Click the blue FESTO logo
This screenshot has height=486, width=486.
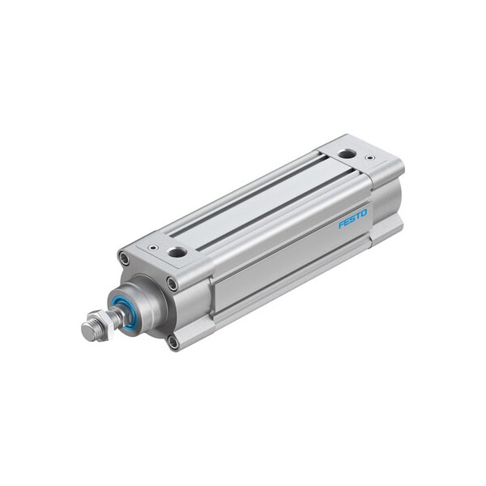coord(352,218)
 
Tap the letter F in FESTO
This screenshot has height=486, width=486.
coord(341,224)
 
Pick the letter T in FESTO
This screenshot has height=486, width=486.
coord(357,215)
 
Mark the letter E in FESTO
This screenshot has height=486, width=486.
coord(347,221)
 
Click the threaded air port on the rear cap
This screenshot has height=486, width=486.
coord(347,153)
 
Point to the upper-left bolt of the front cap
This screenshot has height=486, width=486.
coord(124,258)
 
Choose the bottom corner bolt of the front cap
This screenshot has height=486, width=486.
coord(173,342)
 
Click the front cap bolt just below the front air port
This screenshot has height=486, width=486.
coord(173,283)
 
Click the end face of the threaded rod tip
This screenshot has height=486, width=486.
coord(86,329)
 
